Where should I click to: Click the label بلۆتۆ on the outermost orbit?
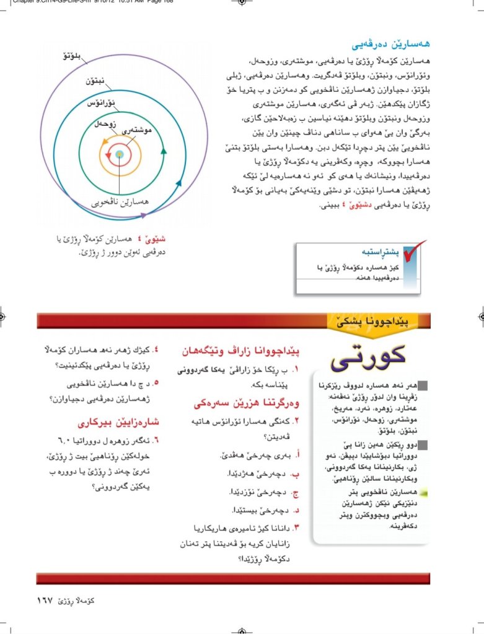pos(73,58)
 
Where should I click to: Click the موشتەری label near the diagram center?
pos(138,131)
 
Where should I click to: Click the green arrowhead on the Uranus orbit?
pos(164,149)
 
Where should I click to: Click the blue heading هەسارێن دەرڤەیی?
pos(391,45)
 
